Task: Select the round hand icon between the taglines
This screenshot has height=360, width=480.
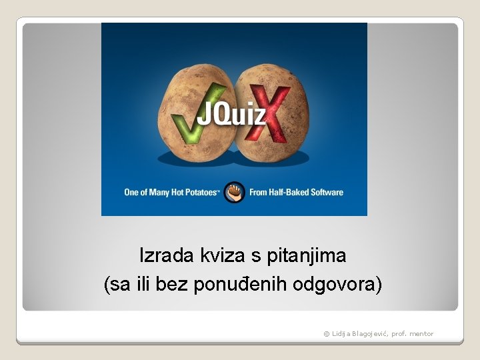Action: pos(234,192)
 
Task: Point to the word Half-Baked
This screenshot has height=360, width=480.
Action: pos(293,193)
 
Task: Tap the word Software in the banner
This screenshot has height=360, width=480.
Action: pos(329,193)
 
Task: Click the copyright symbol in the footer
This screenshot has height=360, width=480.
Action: pos(327,334)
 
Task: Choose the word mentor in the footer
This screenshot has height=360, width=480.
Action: pos(421,334)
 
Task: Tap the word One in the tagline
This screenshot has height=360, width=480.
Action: pos(132,193)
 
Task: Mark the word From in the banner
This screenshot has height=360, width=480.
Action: pos(259,193)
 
